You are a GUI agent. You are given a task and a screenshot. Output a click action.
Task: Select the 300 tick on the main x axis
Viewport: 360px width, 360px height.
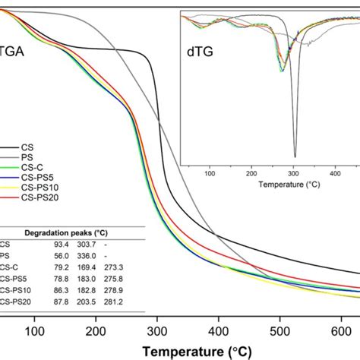tap(157, 331)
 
